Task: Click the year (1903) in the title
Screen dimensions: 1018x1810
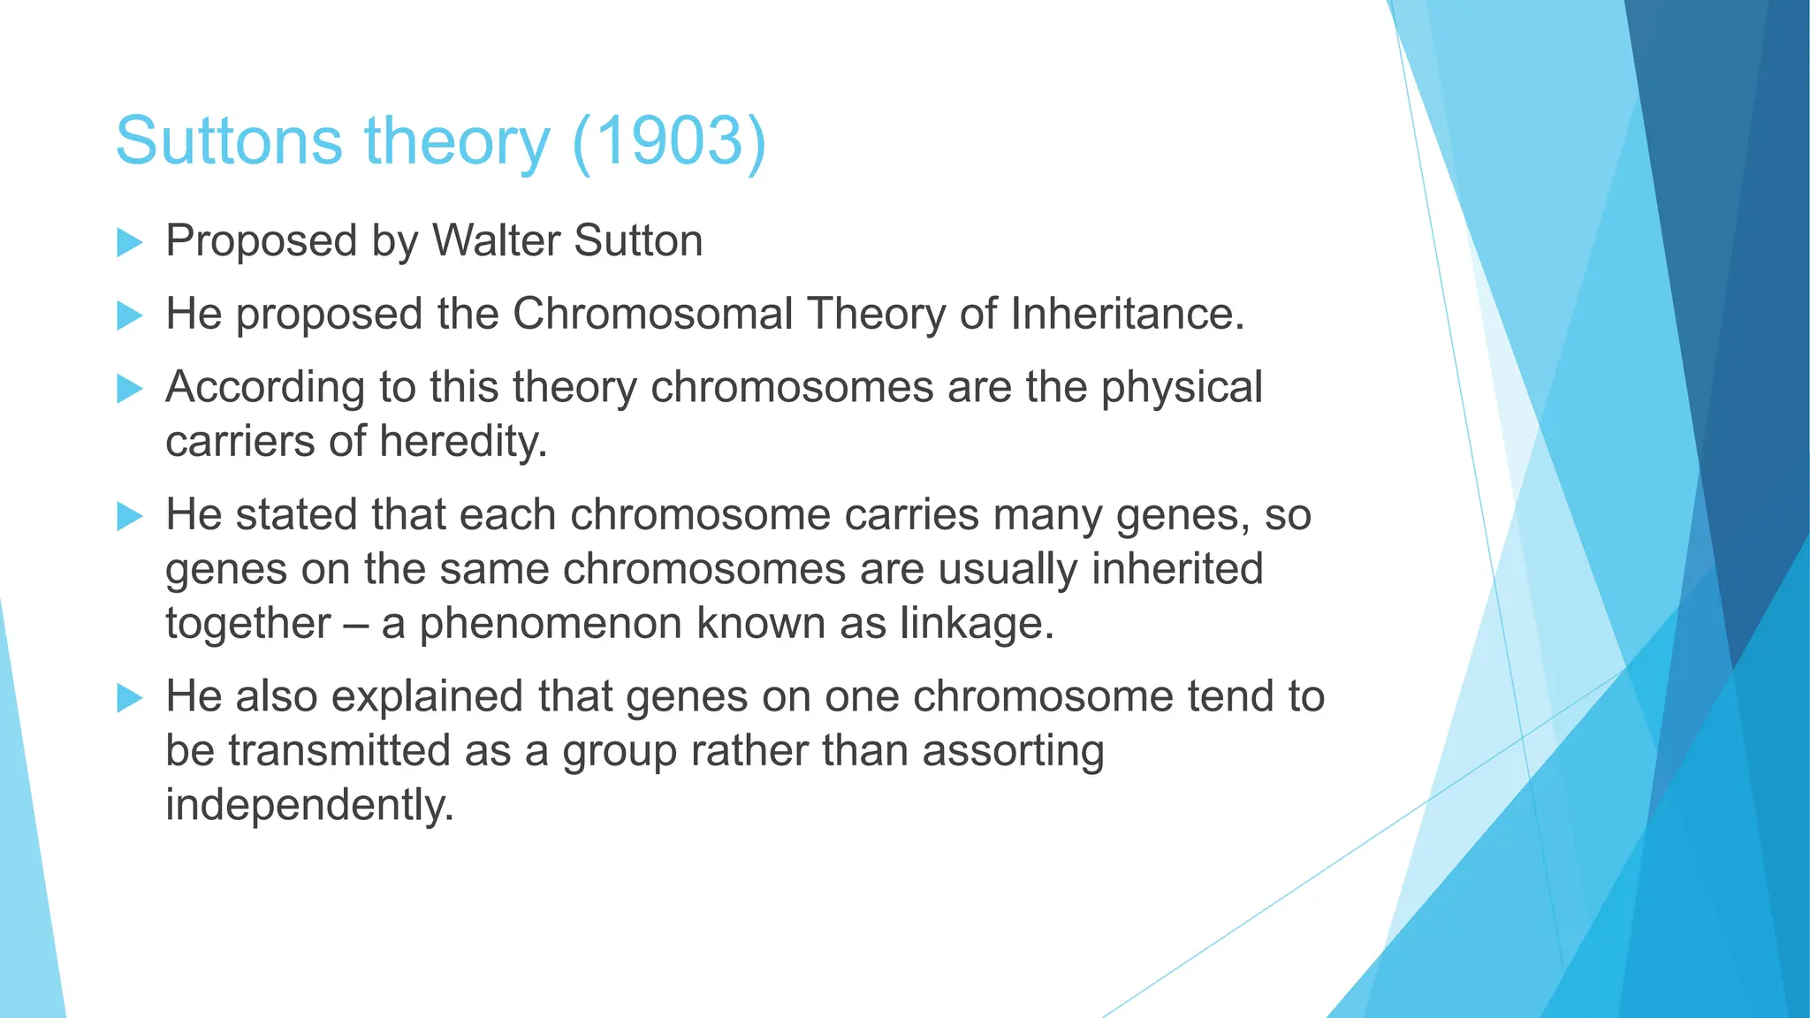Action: point(669,141)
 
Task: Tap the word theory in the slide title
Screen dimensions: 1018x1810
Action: point(457,141)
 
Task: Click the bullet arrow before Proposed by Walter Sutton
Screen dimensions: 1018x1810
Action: point(129,242)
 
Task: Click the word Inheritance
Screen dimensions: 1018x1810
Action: point(1127,315)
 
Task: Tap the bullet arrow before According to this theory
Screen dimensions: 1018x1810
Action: point(129,388)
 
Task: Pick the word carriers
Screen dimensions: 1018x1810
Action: point(240,442)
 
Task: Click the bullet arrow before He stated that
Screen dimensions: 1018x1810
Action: point(129,516)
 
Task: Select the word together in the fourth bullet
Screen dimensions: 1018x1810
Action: point(247,624)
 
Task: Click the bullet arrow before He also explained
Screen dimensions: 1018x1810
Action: point(129,698)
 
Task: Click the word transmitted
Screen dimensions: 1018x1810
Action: point(339,751)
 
